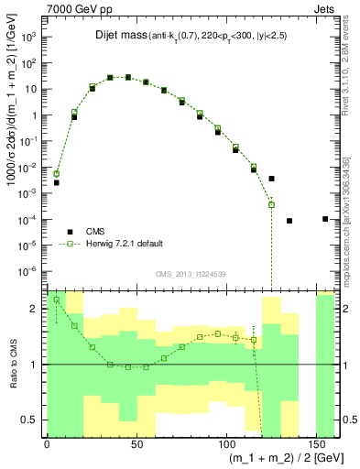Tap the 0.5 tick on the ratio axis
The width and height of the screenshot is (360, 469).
(30, 420)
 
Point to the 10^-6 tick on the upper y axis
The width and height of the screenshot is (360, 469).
(27, 271)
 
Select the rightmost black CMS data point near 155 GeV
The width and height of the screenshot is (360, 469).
(325, 219)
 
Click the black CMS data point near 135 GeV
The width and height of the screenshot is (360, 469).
(289, 221)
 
